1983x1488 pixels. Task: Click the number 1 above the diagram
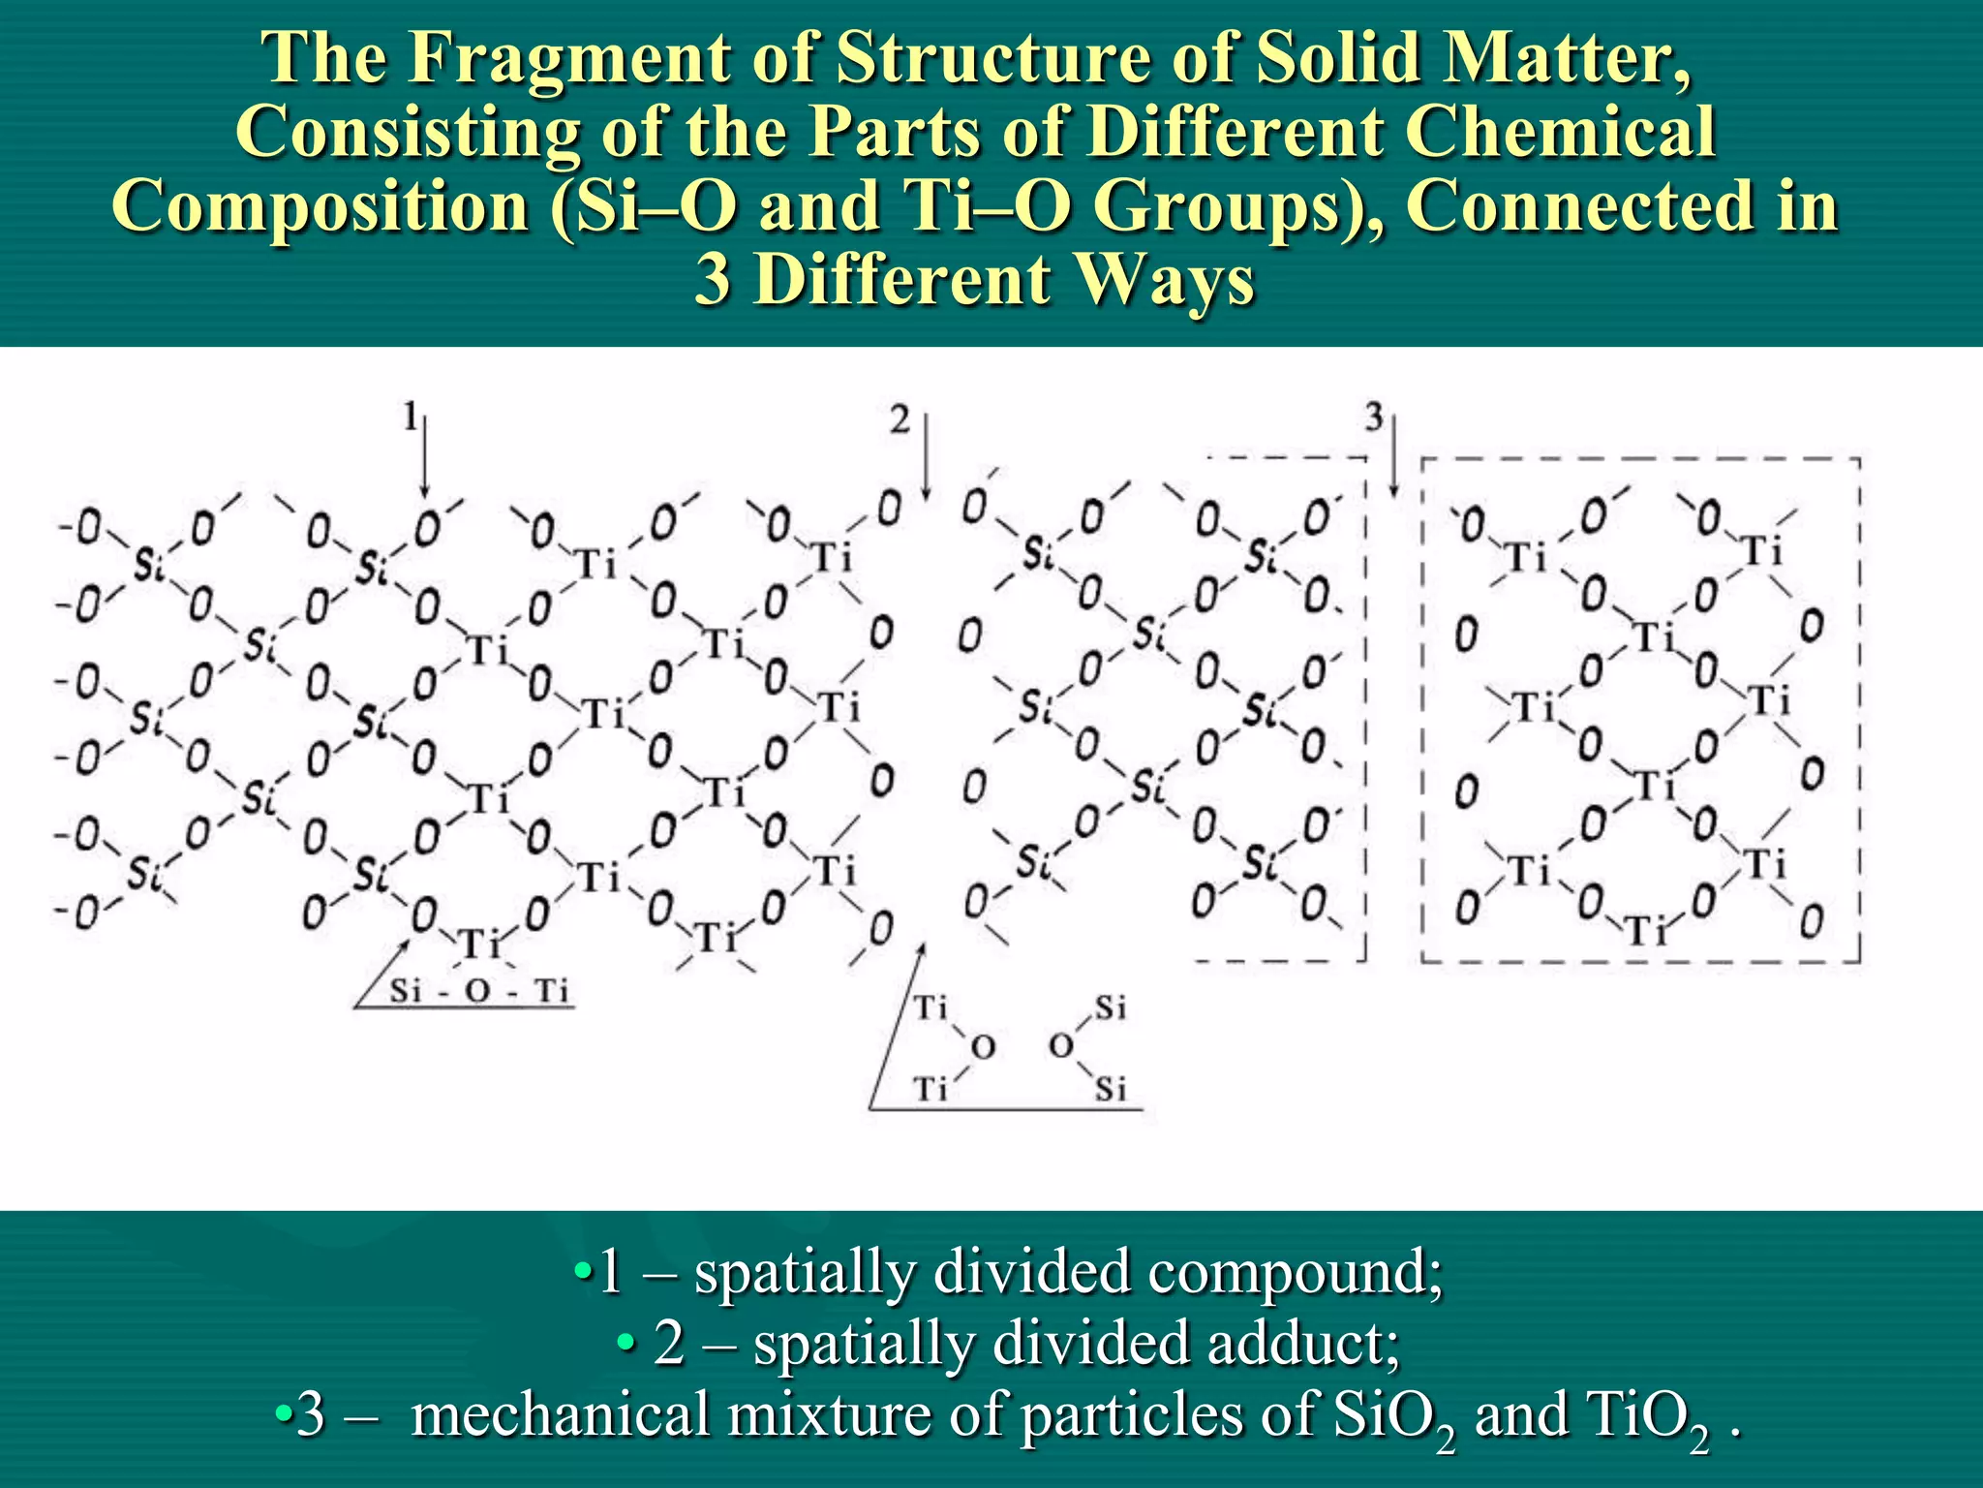[411, 418]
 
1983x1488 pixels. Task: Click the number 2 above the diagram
[900, 420]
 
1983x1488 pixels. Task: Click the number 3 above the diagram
[1374, 418]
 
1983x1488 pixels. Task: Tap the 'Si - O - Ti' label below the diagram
[478, 991]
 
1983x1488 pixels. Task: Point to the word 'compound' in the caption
[1285, 1271]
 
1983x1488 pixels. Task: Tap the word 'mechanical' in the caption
[562, 1413]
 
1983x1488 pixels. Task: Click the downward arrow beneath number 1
[424, 455]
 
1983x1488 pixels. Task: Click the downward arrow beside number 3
[1393, 455]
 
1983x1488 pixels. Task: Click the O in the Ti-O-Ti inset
[983, 1047]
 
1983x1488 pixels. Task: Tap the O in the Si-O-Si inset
[1061, 1046]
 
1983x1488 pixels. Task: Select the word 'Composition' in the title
[321, 206]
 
